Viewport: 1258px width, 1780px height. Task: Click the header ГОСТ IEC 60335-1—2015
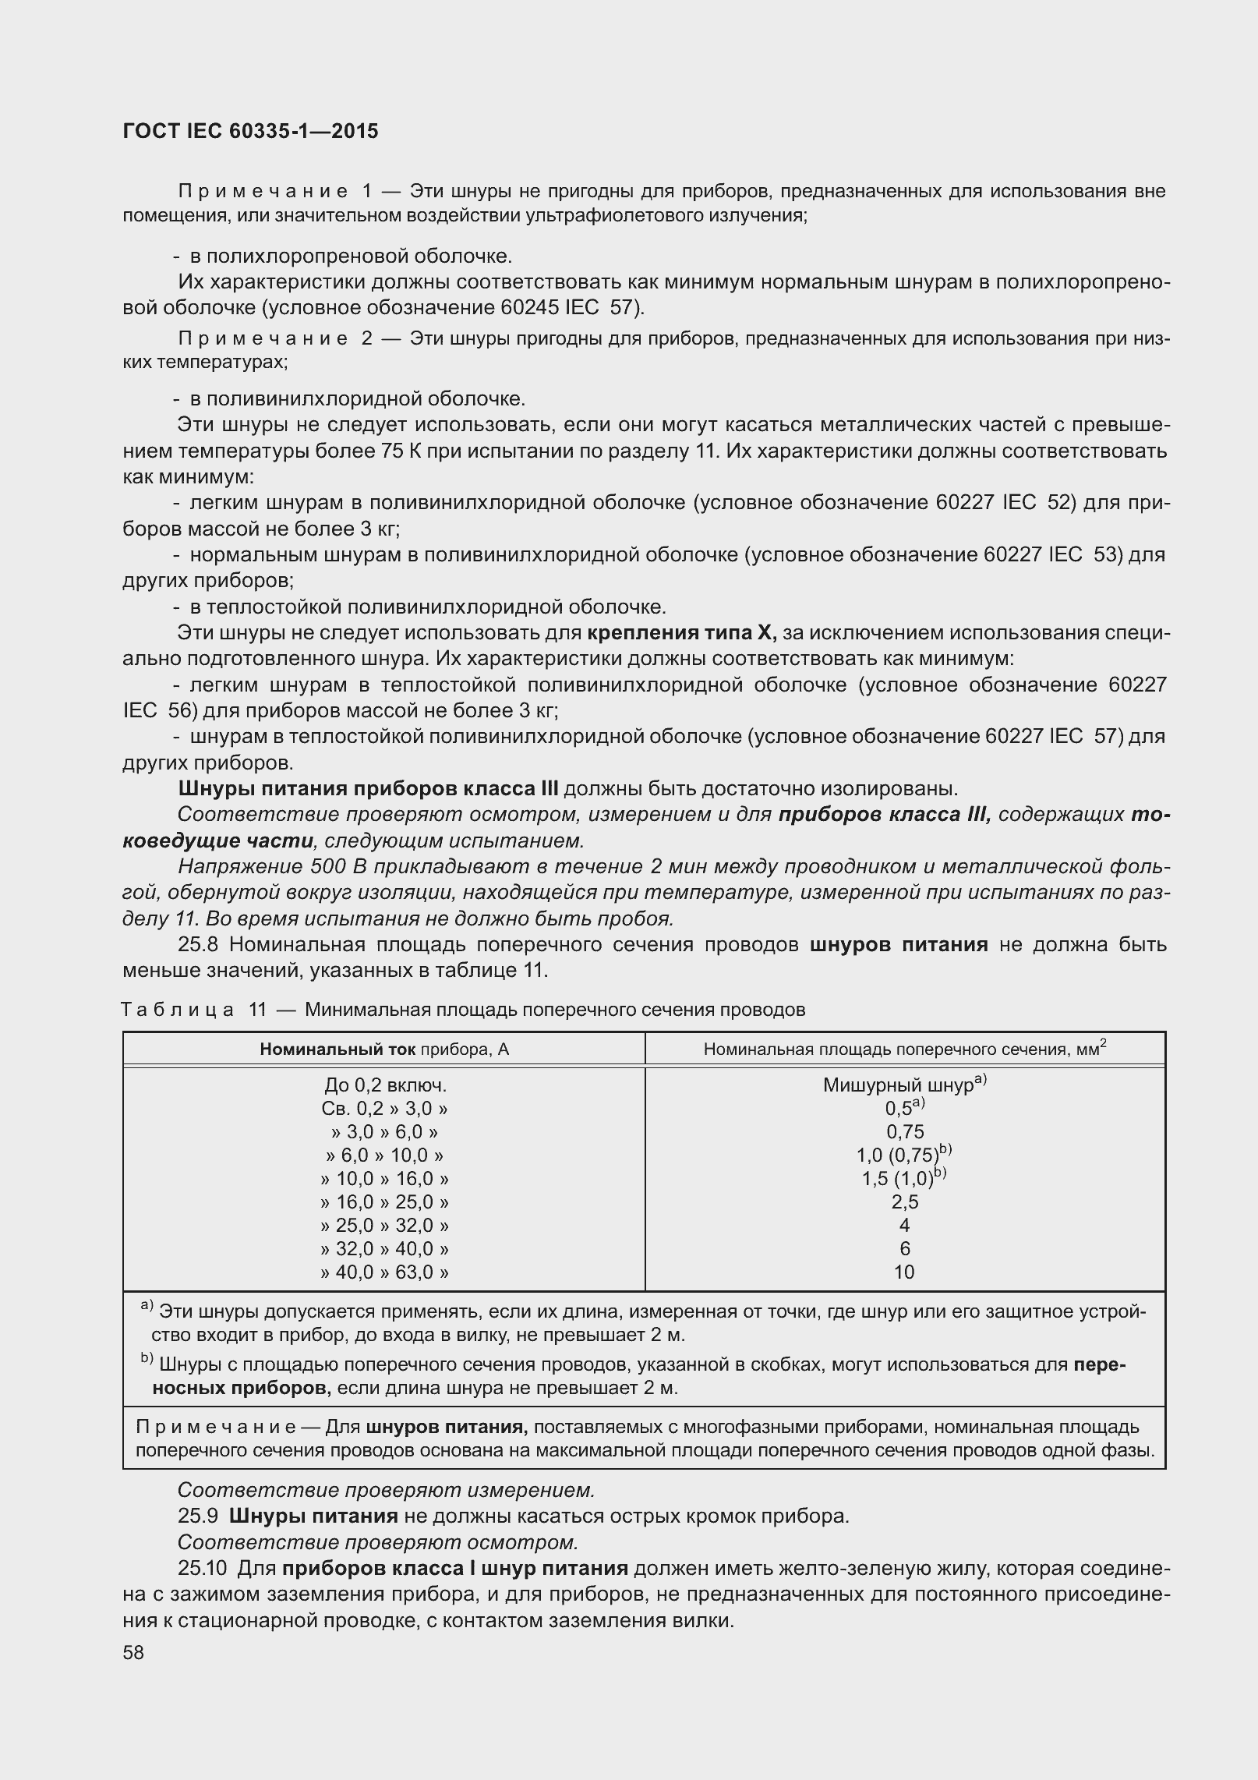(250, 131)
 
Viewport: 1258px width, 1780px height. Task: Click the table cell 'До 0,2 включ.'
(385, 1085)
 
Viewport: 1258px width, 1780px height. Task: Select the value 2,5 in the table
(904, 1201)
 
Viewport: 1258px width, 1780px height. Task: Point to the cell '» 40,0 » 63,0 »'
(385, 1272)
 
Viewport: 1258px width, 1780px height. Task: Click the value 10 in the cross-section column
(904, 1272)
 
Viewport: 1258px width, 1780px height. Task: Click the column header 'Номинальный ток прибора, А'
(384, 1049)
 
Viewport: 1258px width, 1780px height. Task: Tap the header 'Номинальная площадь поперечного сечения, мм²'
(904, 1049)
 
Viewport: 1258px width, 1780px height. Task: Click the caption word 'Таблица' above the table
(178, 1010)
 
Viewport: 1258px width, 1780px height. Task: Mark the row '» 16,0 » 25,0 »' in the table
(385, 1201)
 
